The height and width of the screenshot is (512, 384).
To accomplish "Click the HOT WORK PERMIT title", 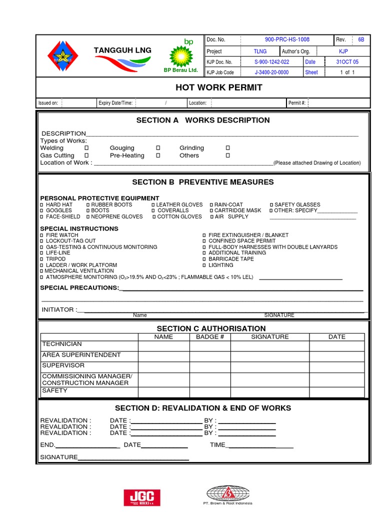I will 218,87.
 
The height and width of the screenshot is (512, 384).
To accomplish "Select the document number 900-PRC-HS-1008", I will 286,39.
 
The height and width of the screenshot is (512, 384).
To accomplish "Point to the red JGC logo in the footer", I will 142,497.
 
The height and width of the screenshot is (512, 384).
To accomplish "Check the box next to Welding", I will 86,148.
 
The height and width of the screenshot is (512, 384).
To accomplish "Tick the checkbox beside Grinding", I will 227,148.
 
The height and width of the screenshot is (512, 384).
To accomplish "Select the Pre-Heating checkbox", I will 158,156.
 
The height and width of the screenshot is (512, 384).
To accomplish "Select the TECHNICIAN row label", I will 62,344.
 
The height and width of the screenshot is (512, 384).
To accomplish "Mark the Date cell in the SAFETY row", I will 336,391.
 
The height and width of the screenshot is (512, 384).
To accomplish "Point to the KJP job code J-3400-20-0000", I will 271,72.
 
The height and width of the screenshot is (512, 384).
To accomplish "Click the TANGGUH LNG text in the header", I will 122,51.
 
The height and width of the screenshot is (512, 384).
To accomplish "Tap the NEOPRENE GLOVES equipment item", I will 116,217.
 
